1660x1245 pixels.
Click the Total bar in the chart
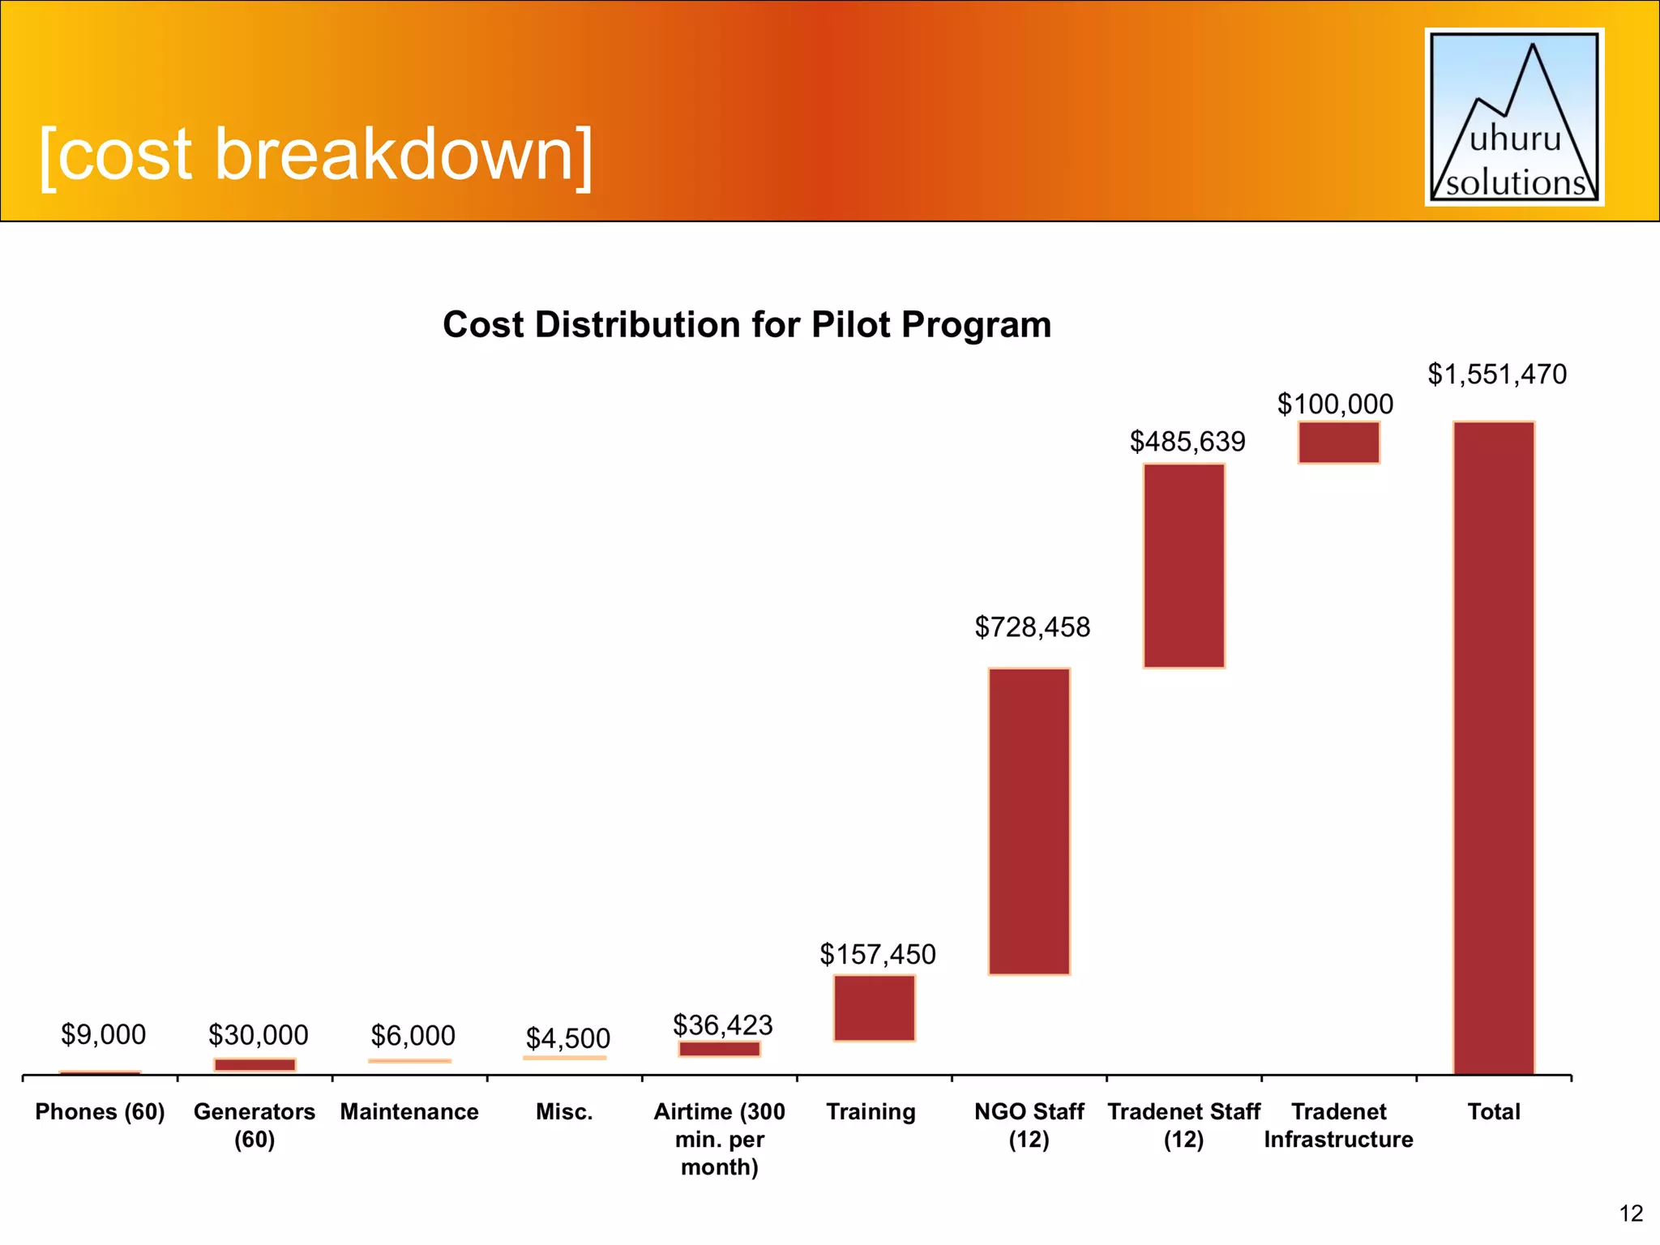pyautogui.click(x=1493, y=747)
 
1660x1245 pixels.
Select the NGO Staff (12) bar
pyautogui.click(x=1029, y=820)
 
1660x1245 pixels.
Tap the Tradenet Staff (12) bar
pyautogui.click(x=1183, y=565)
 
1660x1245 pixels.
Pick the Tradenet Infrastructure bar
pyautogui.click(x=1338, y=442)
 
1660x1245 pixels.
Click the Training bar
pyautogui.click(x=874, y=1008)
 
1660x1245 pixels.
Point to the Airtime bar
pyautogui.click(x=719, y=1049)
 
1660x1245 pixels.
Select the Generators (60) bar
pyautogui.click(x=255, y=1064)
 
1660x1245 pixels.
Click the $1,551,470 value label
pyautogui.click(x=1496, y=374)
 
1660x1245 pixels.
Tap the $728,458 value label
pyautogui.click(x=1032, y=627)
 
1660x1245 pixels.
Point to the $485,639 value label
pyautogui.click(x=1187, y=442)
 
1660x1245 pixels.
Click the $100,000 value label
pyautogui.click(x=1335, y=404)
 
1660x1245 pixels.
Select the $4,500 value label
pyautogui.click(x=567, y=1038)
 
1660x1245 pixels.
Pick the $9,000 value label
pyautogui.click(x=103, y=1034)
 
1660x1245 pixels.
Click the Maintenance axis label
pyautogui.click(x=409, y=1111)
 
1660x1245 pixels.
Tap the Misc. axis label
pyautogui.click(x=564, y=1111)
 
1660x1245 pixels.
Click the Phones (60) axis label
pyautogui.click(x=100, y=1111)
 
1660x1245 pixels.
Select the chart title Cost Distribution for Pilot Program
pyautogui.click(x=747, y=324)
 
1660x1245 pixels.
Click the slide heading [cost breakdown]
pyautogui.click(x=316, y=154)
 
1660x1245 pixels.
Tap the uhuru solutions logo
pyautogui.click(x=1514, y=117)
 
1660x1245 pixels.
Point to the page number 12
pyautogui.click(x=1630, y=1213)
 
